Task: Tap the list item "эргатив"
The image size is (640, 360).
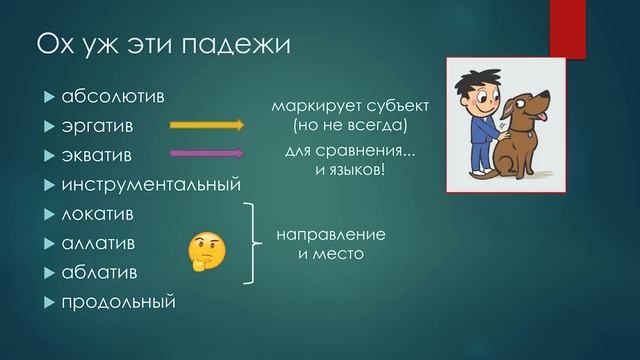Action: coord(101,127)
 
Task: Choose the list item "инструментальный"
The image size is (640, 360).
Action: coord(151,185)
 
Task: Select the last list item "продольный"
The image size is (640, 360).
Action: coord(118,301)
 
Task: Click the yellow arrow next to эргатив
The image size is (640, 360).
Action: coord(207,126)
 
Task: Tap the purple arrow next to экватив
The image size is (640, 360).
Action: coord(207,154)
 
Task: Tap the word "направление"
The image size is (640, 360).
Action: coord(331,235)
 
